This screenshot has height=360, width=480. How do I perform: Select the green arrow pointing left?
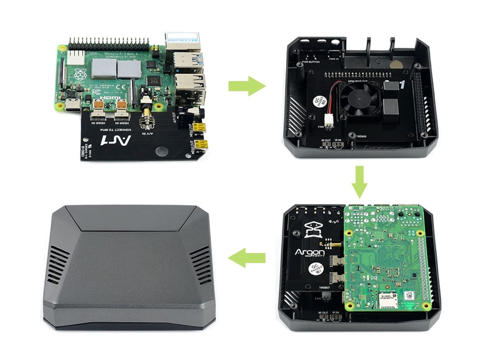tap(247, 259)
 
